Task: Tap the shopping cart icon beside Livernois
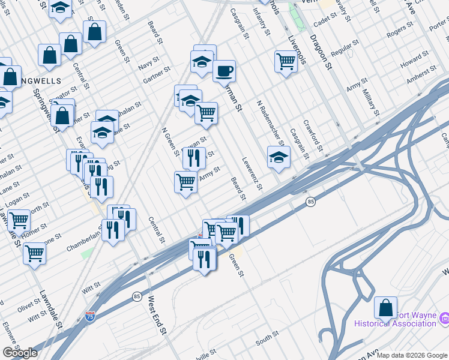286,61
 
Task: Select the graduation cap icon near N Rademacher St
279,158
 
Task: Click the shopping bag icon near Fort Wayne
385,308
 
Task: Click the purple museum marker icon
444,317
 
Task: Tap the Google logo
20,353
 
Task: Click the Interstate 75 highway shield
89,314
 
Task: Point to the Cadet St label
325,20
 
